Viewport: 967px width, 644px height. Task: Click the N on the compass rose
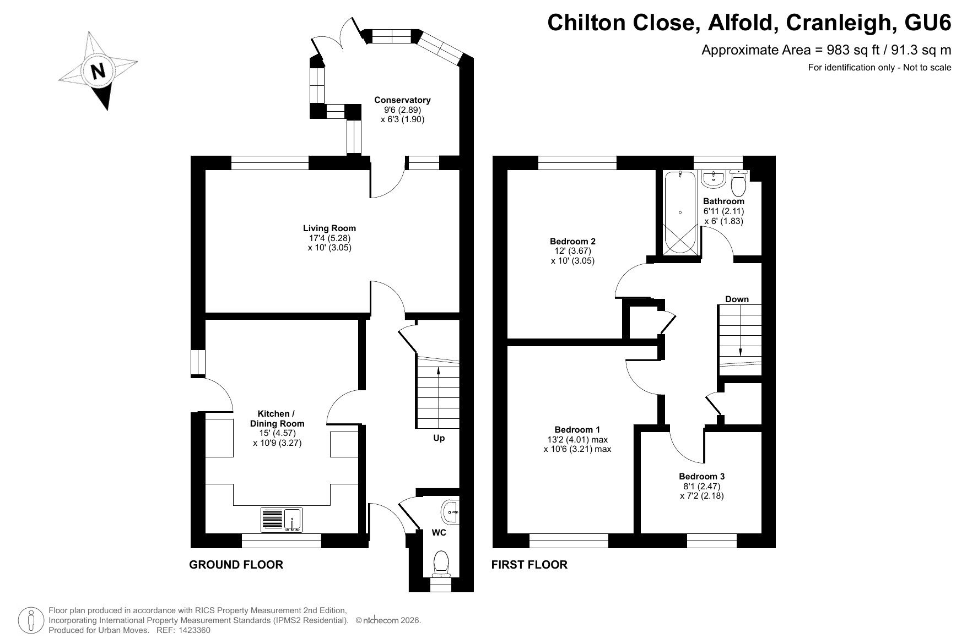click(98, 72)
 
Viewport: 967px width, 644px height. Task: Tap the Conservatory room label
click(402, 100)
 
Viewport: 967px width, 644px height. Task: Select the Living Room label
click(329, 228)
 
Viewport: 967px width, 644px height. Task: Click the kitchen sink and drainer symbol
click(282, 519)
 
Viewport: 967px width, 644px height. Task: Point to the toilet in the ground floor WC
click(441, 563)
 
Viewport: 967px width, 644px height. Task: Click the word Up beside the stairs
click(439, 438)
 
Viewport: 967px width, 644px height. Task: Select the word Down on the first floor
click(737, 299)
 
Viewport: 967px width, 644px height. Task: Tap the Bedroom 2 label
click(572, 241)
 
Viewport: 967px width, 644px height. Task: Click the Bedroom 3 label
click(701, 477)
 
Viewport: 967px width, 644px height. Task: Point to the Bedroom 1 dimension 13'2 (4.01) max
click(577, 439)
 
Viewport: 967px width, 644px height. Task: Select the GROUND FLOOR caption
click(236, 565)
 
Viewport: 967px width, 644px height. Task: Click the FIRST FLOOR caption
click(530, 565)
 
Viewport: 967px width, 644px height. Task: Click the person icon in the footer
click(31, 621)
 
